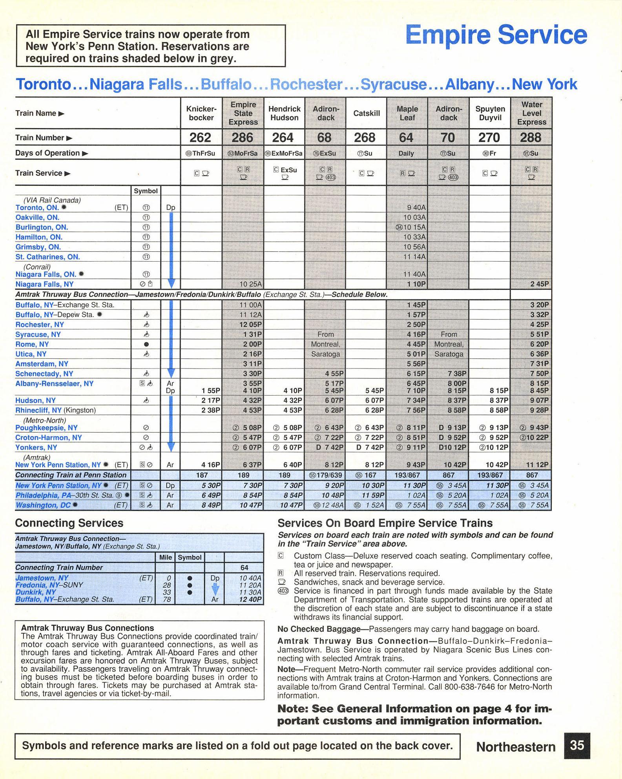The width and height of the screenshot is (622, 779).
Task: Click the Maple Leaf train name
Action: [407, 113]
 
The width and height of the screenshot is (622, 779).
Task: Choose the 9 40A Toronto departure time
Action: [416, 207]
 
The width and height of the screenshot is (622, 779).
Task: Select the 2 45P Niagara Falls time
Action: [540, 284]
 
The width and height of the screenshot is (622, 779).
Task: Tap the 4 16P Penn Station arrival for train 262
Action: [210, 465]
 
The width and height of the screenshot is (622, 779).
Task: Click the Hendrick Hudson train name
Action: [284, 113]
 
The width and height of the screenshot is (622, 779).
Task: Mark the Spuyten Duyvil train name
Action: [490, 113]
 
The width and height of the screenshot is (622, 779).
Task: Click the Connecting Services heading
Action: [69, 523]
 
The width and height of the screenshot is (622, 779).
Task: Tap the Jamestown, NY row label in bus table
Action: [42, 578]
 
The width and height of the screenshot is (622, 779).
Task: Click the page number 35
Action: [577, 745]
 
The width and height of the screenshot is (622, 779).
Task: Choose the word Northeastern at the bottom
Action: [516, 747]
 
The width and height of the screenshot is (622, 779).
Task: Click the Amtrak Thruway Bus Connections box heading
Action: [88, 628]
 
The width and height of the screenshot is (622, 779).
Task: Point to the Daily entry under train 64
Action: [406, 153]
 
